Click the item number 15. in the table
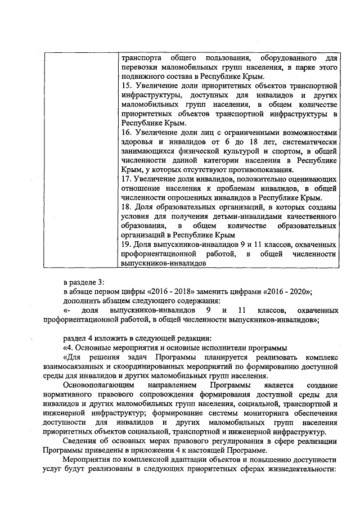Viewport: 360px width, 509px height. pyautogui.click(x=127, y=85)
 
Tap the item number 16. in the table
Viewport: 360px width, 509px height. pyautogui.click(x=127, y=131)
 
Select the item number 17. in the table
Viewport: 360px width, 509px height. pyautogui.click(x=127, y=178)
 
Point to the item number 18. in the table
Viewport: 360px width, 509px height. pyautogui.click(x=127, y=208)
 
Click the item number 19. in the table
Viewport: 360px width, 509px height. pyautogui.click(x=127, y=245)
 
